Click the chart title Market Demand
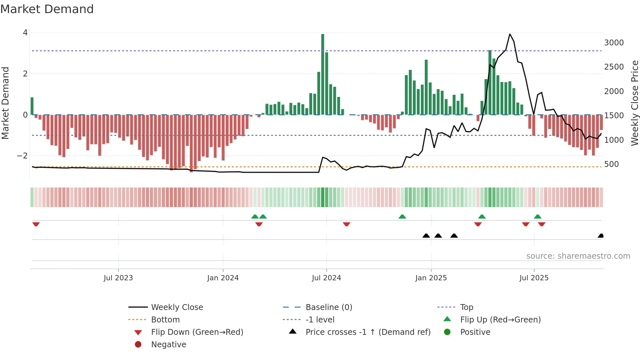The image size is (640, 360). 47,9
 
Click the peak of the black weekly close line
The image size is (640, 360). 510,34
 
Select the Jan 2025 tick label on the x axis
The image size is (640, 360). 431,278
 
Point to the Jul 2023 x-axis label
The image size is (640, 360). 118,278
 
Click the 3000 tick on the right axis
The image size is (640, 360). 614,43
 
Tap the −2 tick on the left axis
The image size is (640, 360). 22,156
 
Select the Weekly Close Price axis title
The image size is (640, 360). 634,103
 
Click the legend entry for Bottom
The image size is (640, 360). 165,319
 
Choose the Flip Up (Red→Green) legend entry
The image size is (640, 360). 500,319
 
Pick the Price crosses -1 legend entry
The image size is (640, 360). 368,332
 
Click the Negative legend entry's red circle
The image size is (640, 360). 138,344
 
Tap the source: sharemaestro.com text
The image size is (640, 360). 578,256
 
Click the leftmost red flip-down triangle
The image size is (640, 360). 36,224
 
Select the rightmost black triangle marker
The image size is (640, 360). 600,236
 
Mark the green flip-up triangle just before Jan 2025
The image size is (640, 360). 402,217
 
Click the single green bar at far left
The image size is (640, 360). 32,106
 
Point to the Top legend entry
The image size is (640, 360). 466,307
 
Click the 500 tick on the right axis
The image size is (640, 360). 611,164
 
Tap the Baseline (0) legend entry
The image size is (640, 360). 328,307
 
